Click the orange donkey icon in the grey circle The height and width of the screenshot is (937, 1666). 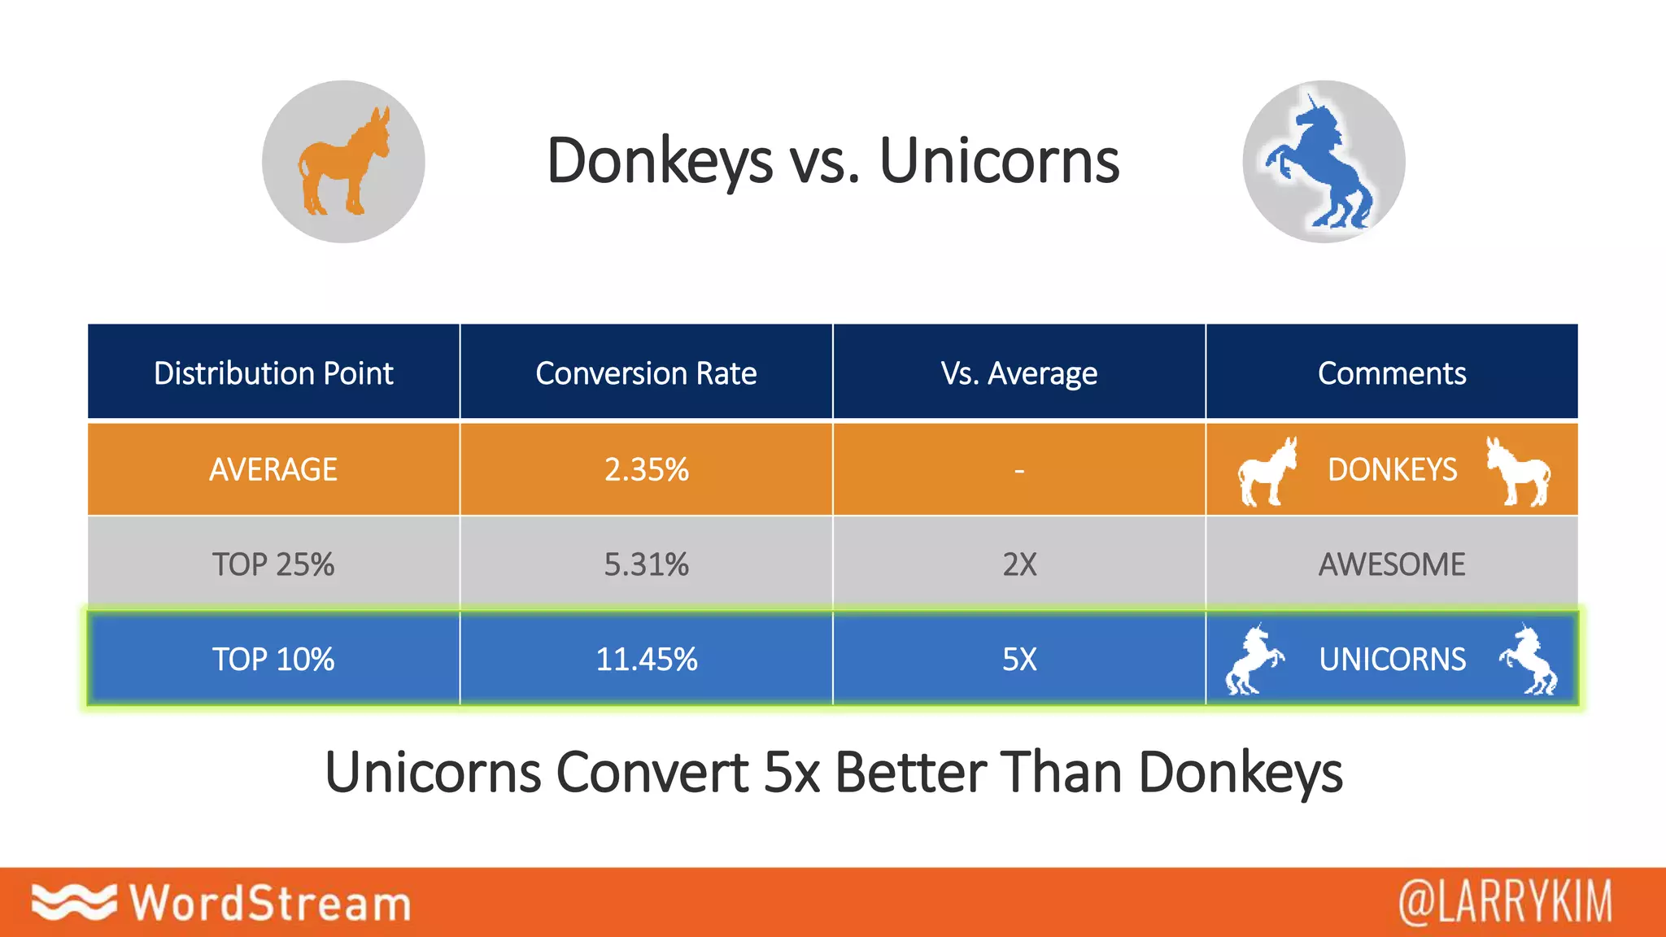point(343,163)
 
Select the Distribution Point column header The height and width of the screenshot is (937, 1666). point(273,373)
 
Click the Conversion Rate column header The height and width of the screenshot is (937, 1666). point(646,373)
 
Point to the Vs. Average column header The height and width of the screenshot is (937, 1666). point(1018,373)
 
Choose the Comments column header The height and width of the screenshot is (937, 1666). point(1391,373)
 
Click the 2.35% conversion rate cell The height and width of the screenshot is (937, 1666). point(646,469)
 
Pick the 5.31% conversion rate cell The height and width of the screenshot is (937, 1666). point(646,564)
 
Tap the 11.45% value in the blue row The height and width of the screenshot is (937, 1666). point(646,659)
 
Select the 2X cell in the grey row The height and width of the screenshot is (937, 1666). point(1018,564)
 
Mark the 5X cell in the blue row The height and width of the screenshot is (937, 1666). point(1018,659)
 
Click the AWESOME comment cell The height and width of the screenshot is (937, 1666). point(1391,564)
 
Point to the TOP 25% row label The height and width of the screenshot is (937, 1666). point(273,564)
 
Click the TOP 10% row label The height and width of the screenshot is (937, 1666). point(273,659)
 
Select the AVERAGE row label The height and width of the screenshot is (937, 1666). point(273,469)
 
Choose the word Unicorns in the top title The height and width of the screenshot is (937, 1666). point(999,161)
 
